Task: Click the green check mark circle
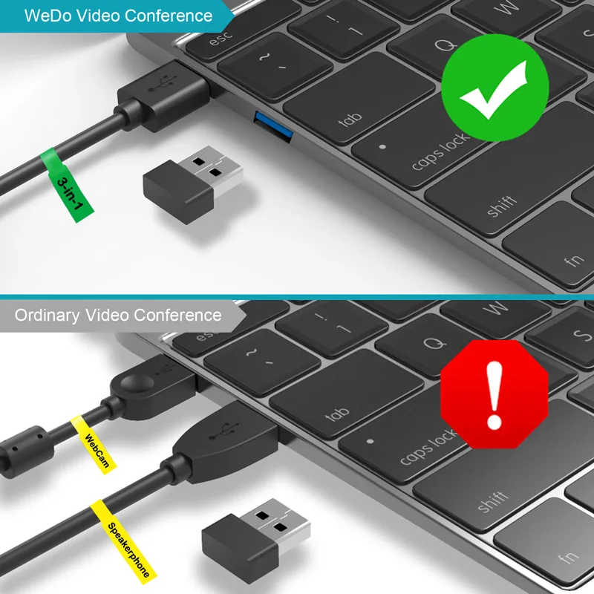(495, 88)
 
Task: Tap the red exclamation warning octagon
(495, 394)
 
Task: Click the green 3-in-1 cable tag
(68, 185)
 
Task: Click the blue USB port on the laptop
(273, 126)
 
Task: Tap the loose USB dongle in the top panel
(193, 184)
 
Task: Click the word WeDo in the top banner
(48, 16)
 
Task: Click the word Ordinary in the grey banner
(48, 315)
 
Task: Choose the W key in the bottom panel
(495, 309)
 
